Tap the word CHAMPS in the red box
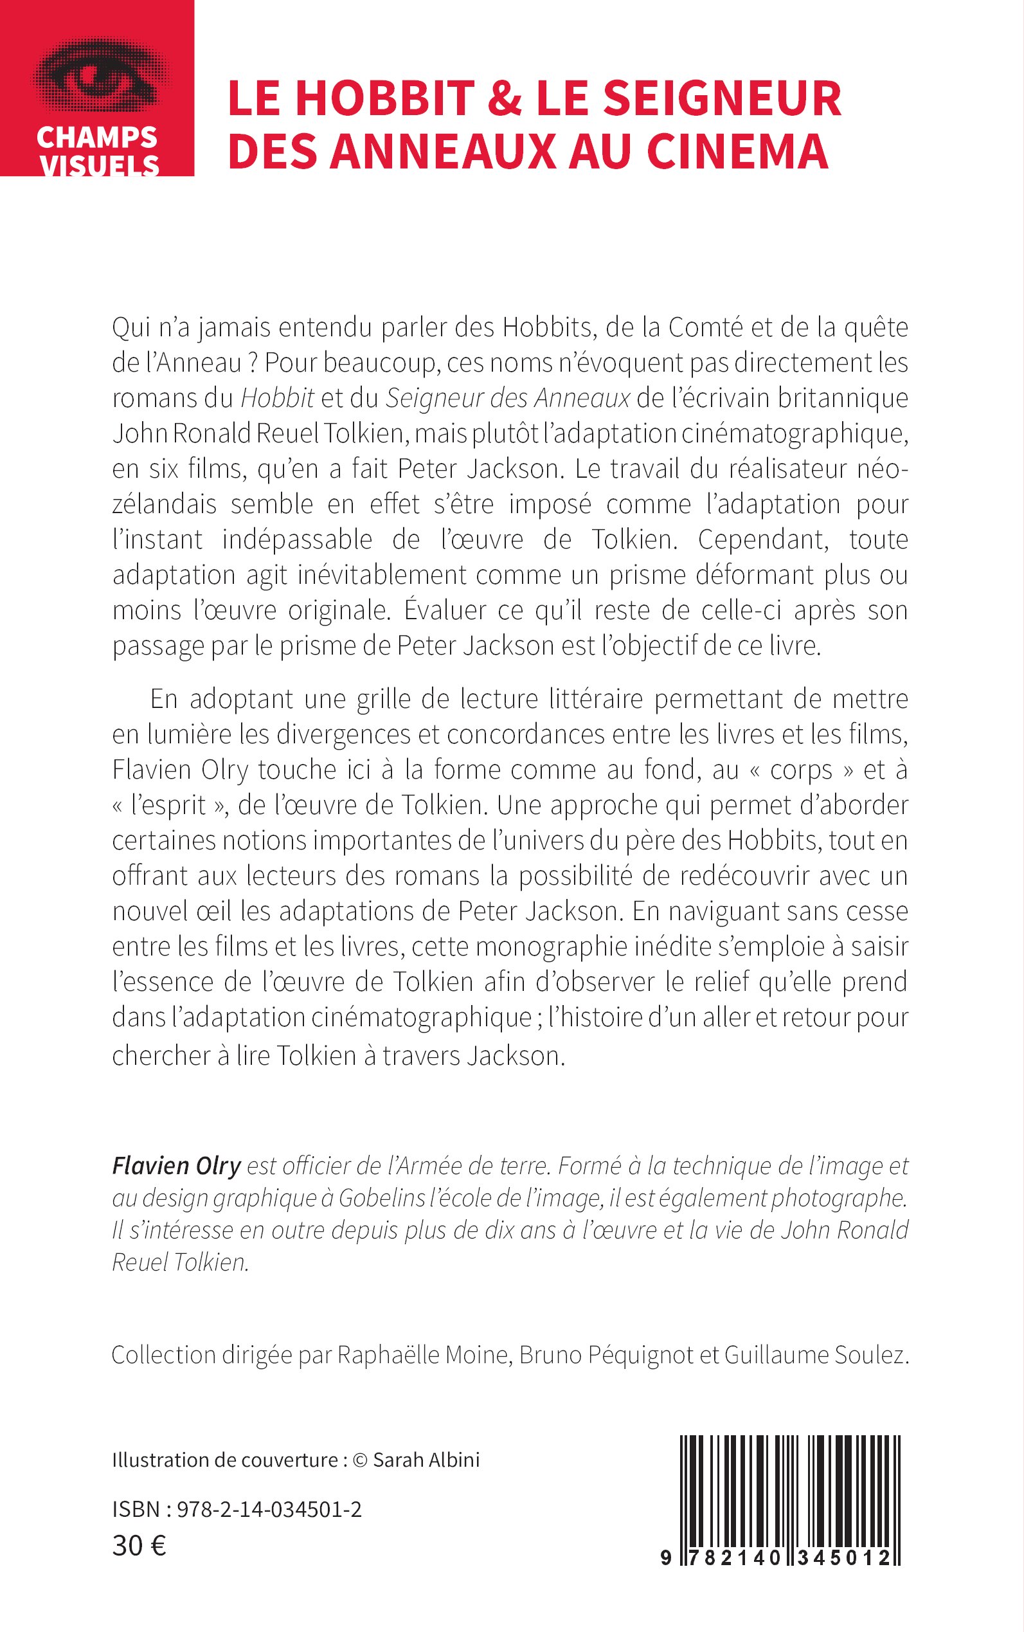(x=97, y=138)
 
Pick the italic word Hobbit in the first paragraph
(x=278, y=398)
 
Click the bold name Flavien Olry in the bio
(x=176, y=1166)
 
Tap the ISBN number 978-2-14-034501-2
(x=268, y=1509)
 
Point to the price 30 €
(x=139, y=1545)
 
